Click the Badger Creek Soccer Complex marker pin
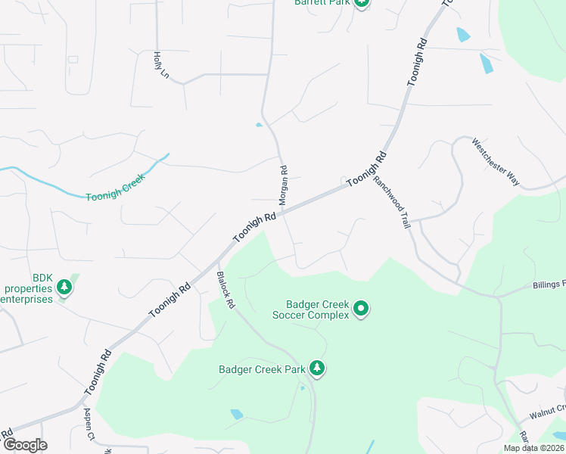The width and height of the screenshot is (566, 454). pos(361,308)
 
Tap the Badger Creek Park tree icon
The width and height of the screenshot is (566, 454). pos(317,369)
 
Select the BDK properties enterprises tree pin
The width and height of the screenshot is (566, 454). pos(64,287)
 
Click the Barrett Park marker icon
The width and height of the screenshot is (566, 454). pos(362,2)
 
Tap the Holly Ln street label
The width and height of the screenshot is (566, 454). pos(160,66)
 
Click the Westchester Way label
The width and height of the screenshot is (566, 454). pos(496,161)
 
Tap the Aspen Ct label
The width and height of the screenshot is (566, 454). pos(89,424)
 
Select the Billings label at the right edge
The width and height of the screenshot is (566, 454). pos(548,285)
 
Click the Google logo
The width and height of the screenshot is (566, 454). pos(25,445)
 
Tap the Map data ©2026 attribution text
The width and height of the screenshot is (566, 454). pos(533,448)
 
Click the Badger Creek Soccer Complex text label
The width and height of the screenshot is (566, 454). pos(311,309)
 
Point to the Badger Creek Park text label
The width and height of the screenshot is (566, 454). pos(262,370)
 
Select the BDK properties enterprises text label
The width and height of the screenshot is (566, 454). pos(29,288)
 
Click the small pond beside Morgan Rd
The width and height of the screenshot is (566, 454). pos(260,125)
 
